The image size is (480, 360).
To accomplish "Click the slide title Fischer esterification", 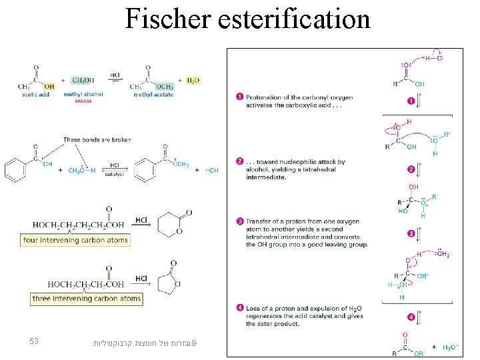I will (x=247, y=19).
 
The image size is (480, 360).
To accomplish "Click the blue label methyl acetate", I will (x=154, y=95).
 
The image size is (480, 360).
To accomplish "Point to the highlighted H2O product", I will (x=193, y=81).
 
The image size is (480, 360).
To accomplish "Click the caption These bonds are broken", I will (x=97, y=140).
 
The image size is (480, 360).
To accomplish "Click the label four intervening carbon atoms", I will (x=75, y=240).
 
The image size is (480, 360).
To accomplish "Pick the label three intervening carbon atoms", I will (x=87, y=299).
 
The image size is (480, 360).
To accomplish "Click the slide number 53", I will (x=35, y=342).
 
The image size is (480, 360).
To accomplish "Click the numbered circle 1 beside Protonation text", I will (x=239, y=98).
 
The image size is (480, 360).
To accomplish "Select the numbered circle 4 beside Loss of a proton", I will (x=239, y=307).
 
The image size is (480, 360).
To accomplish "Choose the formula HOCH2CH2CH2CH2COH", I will (x=78, y=225).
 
